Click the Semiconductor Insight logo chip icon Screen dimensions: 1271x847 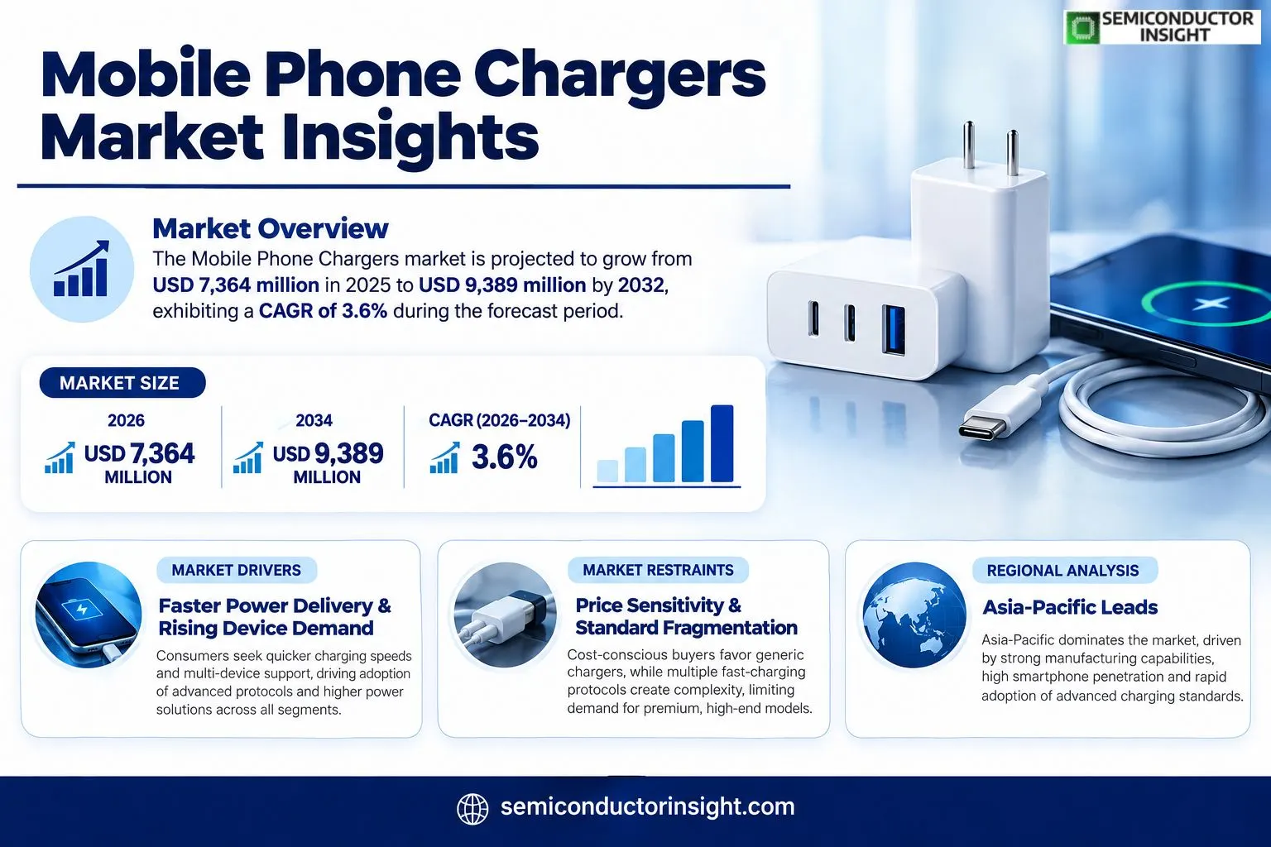point(1082,26)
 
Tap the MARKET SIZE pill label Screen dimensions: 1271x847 point(122,383)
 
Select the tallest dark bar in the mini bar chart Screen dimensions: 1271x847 point(722,443)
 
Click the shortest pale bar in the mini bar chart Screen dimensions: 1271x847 point(607,471)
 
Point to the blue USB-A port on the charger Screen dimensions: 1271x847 point(893,330)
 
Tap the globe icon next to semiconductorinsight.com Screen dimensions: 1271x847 point(472,808)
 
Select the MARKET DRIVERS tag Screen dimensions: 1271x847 point(237,570)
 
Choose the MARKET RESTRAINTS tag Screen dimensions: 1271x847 point(658,570)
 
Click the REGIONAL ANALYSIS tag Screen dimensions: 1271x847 point(1062,571)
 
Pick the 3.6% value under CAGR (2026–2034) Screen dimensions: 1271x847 point(505,457)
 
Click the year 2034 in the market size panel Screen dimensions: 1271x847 point(314,420)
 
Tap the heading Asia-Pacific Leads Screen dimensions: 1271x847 point(1070,607)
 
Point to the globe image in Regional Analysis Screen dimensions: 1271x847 point(914,615)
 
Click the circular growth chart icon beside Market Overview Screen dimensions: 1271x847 point(82,269)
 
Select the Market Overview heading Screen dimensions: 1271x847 point(271,228)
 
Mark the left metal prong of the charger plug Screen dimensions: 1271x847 point(969,145)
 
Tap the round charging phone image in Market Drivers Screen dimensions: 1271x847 point(88,615)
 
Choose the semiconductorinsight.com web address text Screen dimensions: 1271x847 point(647,806)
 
